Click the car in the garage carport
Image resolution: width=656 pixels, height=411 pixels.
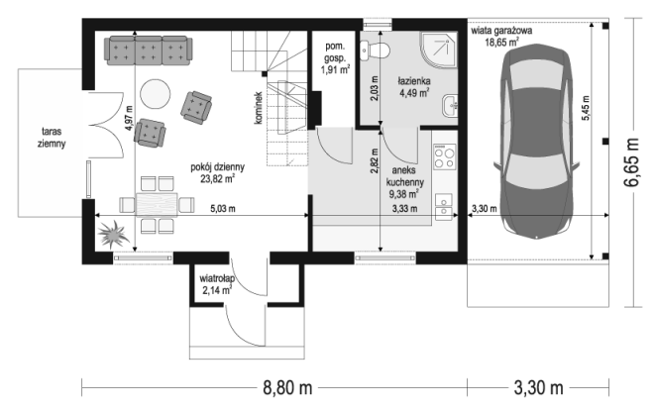[x=537, y=143]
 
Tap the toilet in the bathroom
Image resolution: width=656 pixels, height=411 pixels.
[x=376, y=51]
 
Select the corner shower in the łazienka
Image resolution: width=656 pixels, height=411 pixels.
[x=438, y=50]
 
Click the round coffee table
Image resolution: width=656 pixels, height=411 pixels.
[x=156, y=94]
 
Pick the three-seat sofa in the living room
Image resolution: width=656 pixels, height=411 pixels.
[x=149, y=51]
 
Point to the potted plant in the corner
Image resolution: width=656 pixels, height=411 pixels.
[x=112, y=235]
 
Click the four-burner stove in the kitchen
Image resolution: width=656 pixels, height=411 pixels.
[x=444, y=156]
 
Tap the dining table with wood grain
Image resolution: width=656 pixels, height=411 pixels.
[x=157, y=204]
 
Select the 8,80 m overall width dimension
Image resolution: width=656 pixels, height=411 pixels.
[x=287, y=388]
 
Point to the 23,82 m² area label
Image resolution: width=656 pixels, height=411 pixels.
[x=218, y=179]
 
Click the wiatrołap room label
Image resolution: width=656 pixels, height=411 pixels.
[x=217, y=278]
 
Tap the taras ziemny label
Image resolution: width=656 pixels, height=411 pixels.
[x=52, y=138]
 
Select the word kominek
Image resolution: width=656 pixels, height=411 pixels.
[x=258, y=108]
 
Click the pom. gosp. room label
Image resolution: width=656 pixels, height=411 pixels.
[x=335, y=52]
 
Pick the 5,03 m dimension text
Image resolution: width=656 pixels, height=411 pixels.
[x=223, y=208]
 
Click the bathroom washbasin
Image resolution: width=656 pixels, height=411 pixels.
[x=450, y=106]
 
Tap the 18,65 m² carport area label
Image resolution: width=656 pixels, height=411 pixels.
[x=501, y=42]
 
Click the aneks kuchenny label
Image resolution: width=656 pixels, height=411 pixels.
[x=404, y=176]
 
